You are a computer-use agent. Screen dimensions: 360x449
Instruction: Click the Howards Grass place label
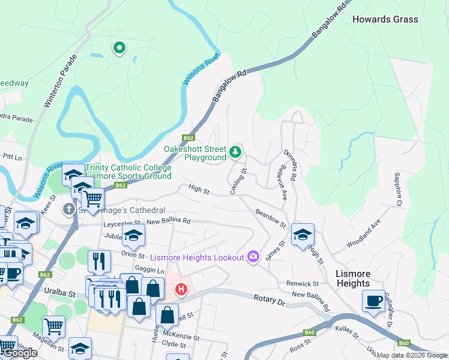click(x=385, y=19)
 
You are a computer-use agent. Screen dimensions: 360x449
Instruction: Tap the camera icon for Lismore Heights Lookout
click(x=253, y=257)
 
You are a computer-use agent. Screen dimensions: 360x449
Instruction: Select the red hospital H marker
click(x=181, y=290)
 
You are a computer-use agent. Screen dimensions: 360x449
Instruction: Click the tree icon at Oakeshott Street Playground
click(x=236, y=152)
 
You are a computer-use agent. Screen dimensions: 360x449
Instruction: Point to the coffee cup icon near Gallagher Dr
click(x=373, y=300)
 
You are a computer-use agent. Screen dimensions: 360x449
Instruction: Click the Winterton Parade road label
click(x=61, y=82)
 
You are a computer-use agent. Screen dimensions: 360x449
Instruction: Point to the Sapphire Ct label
click(x=397, y=188)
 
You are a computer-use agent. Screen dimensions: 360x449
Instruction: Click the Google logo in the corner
click(x=20, y=353)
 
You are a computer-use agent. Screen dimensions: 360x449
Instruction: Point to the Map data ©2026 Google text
click(x=412, y=355)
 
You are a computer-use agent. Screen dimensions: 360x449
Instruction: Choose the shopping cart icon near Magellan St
click(x=53, y=327)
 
